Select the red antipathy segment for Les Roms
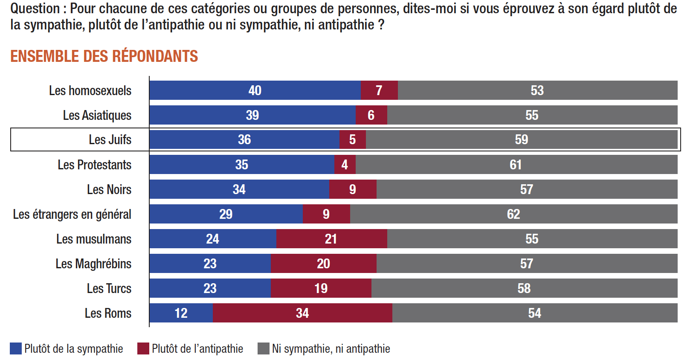click(302, 313)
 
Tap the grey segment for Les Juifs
click(521, 139)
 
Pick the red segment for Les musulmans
click(331, 239)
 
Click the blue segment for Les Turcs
click(210, 288)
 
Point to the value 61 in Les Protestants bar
click(516, 165)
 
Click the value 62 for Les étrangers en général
click(513, 214)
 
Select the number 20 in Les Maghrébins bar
click(323, 264)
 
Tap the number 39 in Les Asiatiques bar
click(252, 115)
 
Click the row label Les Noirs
click(109, 189)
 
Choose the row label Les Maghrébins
click(93, 264)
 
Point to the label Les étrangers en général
click(72, 214)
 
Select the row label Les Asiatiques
click(97, 115)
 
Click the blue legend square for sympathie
click(16, 348)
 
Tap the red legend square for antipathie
click(143, 348)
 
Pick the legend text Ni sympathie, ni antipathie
click(331, 348)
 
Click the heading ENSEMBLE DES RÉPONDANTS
click(104, 56)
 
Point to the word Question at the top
click(35, 9)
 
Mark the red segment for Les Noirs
click(353, 189)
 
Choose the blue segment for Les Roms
click(181, 313)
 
